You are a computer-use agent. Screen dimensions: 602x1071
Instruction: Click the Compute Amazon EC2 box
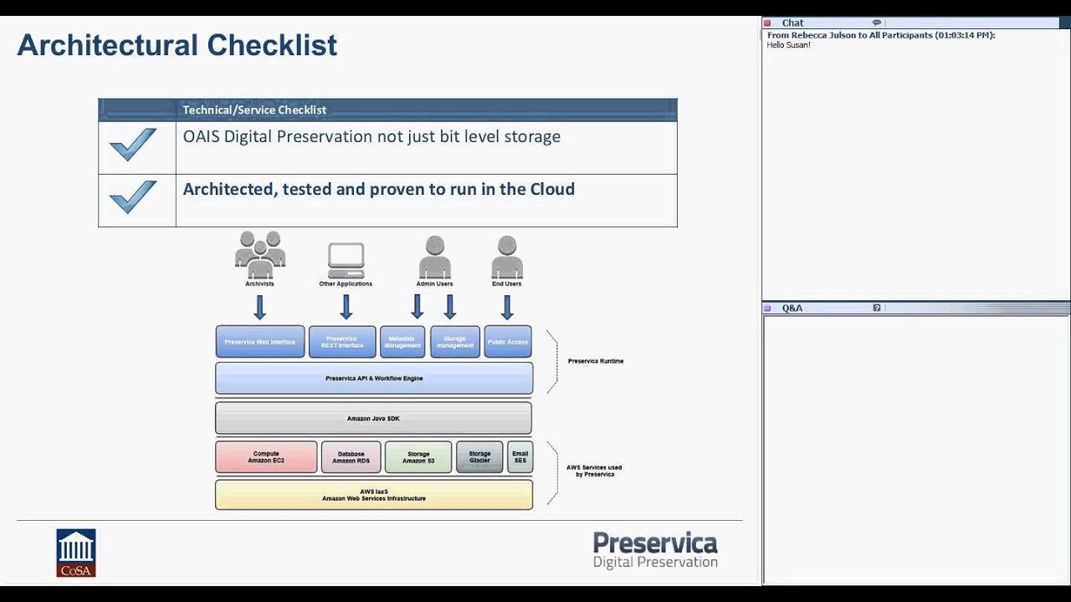266,457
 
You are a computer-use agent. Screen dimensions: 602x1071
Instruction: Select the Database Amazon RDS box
351,457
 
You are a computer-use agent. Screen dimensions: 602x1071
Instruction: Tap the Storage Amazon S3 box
418,457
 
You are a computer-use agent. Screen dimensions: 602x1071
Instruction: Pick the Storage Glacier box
479,457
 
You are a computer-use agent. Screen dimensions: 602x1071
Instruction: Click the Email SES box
520,457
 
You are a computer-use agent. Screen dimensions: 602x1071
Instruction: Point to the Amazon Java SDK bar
373,418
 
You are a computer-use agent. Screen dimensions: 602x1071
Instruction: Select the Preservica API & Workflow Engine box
373,378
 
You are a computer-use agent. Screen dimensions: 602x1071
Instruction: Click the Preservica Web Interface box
259,342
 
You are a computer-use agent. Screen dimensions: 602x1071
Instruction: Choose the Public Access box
508,342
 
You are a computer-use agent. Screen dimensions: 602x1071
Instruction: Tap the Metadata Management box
402,342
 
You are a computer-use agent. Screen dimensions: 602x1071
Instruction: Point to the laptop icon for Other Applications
346,260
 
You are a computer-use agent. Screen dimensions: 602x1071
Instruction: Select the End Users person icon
506,257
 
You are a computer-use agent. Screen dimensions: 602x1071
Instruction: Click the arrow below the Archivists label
259,307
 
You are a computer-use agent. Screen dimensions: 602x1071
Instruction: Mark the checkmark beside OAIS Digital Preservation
133,145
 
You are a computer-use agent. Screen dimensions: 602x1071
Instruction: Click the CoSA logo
76,553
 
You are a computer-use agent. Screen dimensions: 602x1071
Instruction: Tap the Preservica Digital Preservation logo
655,550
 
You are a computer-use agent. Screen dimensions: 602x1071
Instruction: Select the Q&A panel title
792,309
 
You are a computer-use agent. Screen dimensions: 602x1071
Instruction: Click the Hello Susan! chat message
788,45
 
